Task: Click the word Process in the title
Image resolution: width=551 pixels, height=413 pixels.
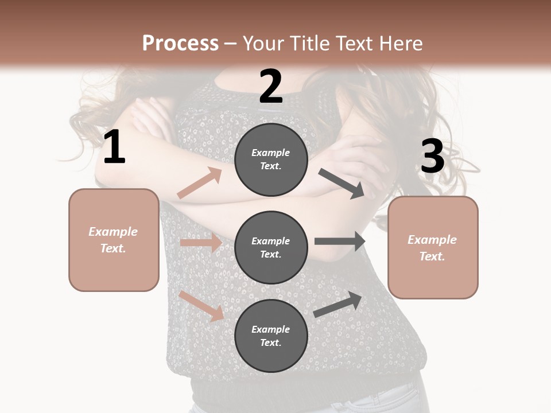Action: pyautogui.click(x=180, y=44)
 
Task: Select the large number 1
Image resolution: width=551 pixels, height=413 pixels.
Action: pyautogui.click(x=114, y=147)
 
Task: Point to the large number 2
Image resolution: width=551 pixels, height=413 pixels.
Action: pyautogui.click(x=271, y=87)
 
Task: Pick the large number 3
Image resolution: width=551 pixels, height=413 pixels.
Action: pyautogui.click(x=432, y=157)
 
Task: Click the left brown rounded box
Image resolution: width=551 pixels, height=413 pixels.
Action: pyautogui.click(x=114, y=240)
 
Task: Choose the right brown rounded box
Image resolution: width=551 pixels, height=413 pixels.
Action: pyautogui.click(x=433, y=248)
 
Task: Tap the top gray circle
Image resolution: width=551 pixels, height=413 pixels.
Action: pyautogui.click(x=271, y=159)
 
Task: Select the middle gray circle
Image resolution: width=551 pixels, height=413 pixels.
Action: pyautogui.click(x=271, y=248)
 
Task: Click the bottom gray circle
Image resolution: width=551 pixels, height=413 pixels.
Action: pyautogui.click(x=271, y=336)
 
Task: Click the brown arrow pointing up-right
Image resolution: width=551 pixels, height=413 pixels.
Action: pyautogui.click(x=200, y=183)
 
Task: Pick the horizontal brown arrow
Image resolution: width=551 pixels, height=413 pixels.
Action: pyautogui.click(x=201, y=243)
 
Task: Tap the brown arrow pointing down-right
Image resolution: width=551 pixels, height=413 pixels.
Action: pyautogui.click(x=201, y=306)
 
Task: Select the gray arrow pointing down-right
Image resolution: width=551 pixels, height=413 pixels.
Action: pyautogui.click(x=342, y=184)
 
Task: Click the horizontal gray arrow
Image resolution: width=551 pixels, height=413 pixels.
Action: pyautogui.click(x=340, y=241)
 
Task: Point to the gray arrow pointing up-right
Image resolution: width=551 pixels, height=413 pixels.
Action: pyautogui.click(x=338, y=305)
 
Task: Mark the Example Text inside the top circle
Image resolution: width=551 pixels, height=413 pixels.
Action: pyautogui.click(x=271, y=159)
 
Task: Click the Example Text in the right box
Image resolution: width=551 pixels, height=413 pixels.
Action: pyautogui.click(x=432, y=248)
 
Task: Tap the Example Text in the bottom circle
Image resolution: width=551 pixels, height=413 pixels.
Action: pyautogui.click(x=271, y=336)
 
